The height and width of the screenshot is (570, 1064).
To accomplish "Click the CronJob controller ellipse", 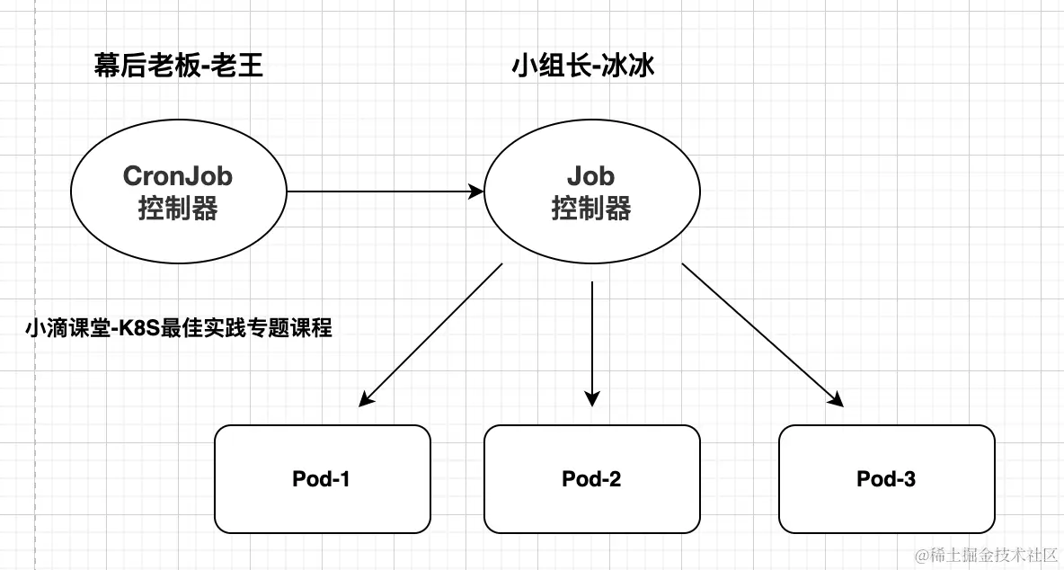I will (x=178, y=191).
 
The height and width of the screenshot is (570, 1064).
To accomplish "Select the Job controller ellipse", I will (x=591, y=191).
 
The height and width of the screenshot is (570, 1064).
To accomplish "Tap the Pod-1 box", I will (x=322, y=478).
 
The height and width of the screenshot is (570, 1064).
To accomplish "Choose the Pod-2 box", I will (x=591, y=478).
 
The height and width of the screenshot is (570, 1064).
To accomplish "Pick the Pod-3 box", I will (x=886, y=478).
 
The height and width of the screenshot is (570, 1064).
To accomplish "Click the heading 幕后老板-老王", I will (x=179, y=66).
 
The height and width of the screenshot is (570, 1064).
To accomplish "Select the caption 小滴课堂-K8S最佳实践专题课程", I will (x=179, y=328).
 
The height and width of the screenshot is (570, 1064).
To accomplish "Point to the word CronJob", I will (x=178, y=175).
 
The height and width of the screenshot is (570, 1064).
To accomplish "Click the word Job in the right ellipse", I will (x=591, y=175).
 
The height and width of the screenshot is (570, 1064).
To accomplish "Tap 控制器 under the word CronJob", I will (x=178, y=209).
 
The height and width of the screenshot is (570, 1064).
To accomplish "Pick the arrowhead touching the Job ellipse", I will (x=477, y=191).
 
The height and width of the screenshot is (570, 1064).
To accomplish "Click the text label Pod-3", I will (x=886, y=479).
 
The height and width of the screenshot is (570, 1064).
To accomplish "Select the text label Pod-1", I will (x=321, y=479).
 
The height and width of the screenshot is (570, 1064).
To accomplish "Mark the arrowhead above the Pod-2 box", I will (x=591, y=396).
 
